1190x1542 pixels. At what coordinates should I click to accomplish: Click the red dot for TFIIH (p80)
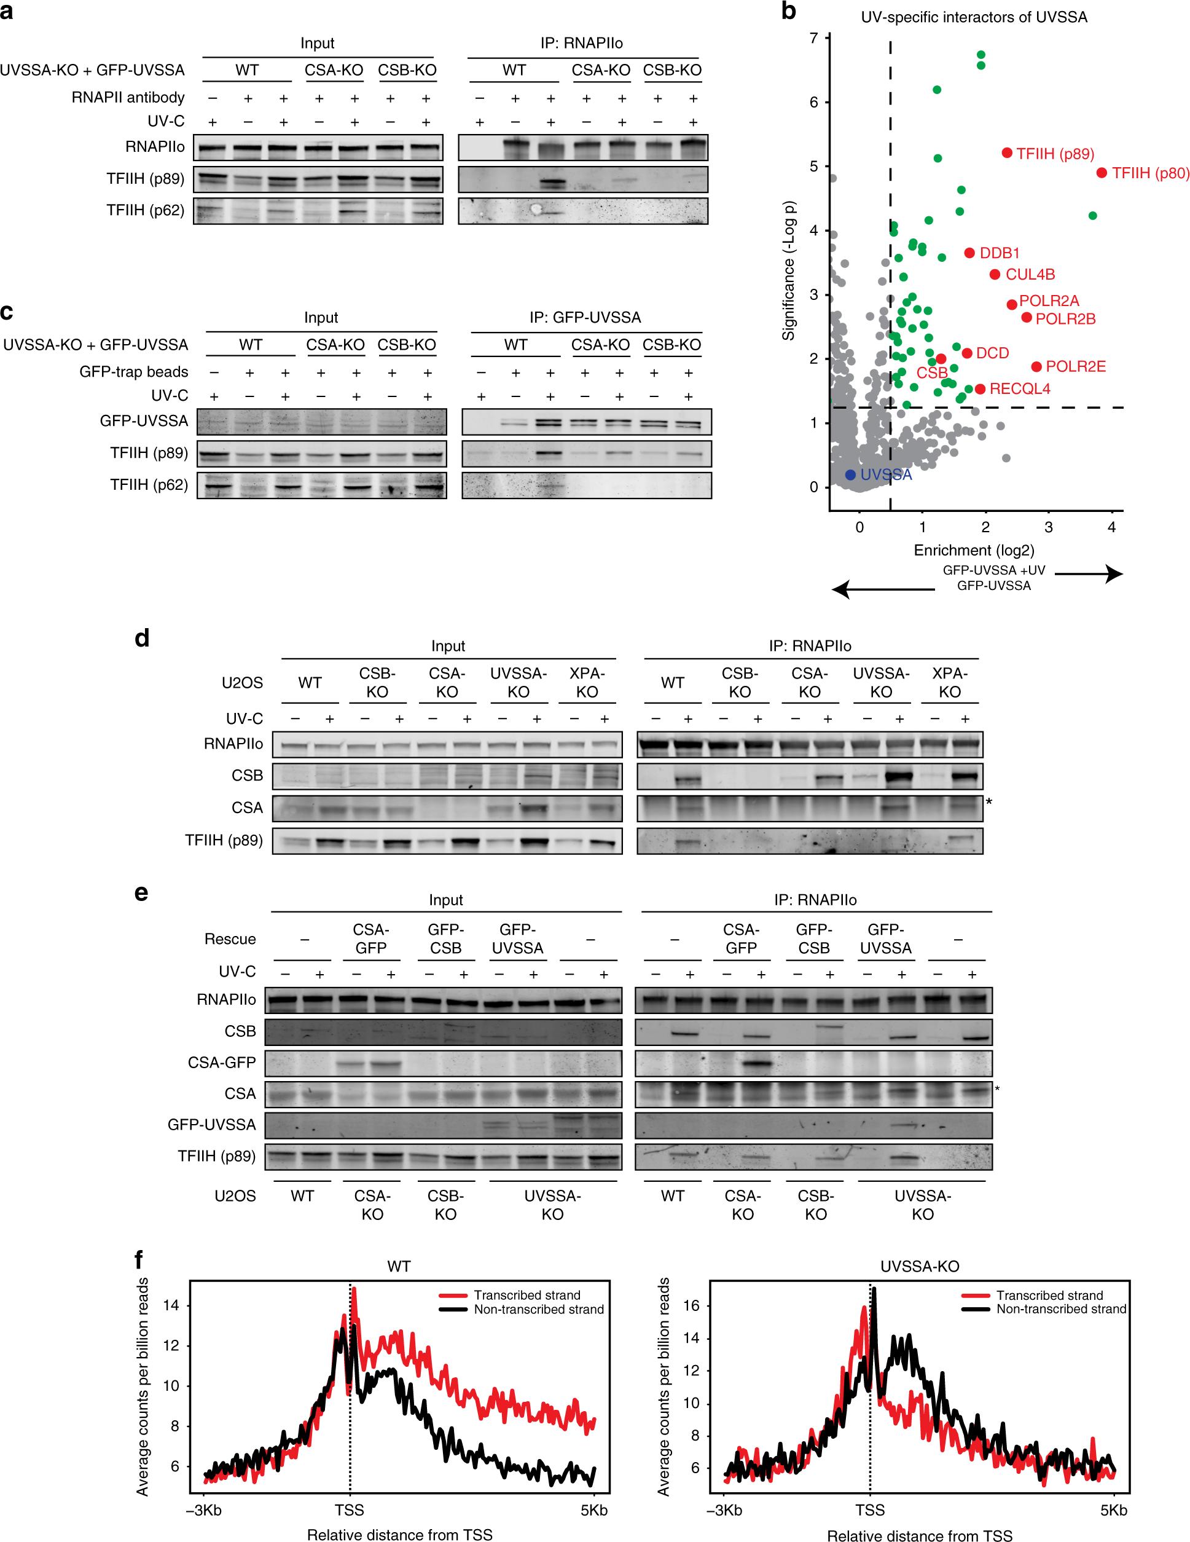pos(1102,172)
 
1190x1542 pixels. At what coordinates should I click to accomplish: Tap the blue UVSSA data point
pos(850,475)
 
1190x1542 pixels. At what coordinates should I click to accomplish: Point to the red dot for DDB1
pos(969,253)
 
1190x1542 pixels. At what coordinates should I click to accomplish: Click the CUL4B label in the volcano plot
pos(1030,275)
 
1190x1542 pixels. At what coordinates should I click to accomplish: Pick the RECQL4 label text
pos(1019,389)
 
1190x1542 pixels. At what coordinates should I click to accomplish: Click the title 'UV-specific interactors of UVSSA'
pos(973,17)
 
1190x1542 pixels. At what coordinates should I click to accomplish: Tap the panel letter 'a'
pos(6,12)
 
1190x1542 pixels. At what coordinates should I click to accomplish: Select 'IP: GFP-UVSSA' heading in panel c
pos(585,318)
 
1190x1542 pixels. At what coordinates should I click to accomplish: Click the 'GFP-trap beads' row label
pos(133,372)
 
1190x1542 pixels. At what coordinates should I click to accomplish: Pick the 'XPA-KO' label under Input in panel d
pos(587,683)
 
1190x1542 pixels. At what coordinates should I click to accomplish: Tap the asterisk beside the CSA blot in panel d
pos(989,803)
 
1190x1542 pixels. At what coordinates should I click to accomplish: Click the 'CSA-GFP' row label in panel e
pos(221,1062)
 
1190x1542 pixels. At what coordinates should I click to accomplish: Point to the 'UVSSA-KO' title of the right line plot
pos(918,1266)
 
